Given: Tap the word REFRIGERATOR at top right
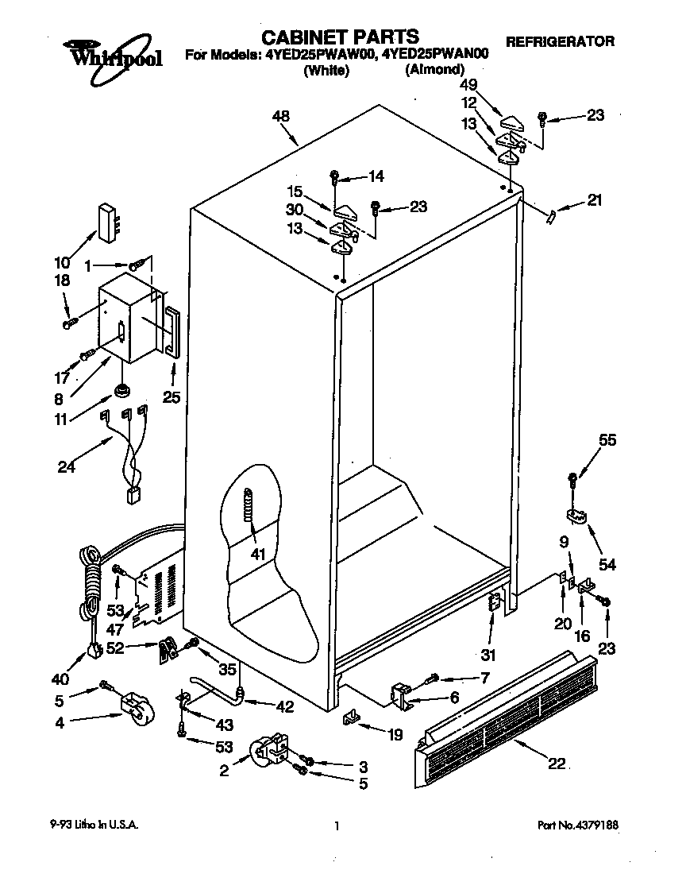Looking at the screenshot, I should pos(560,41).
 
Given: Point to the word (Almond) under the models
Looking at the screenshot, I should pos(434,70).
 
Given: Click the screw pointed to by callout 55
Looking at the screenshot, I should pos(572,478).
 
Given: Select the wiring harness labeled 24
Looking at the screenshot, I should pos(127,453).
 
